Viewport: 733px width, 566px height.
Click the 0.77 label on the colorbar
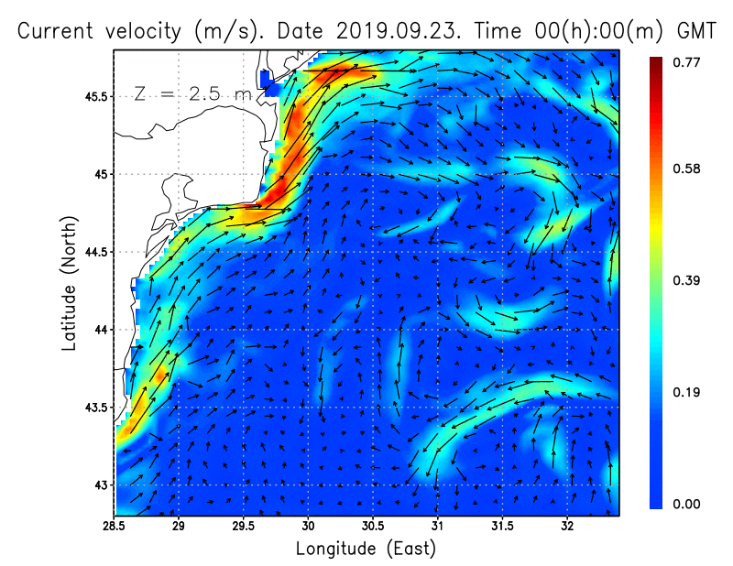point(686,62)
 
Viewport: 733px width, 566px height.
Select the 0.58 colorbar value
point(686,169)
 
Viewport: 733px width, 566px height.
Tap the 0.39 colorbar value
point(686,280)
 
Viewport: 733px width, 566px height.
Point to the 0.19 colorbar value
point(686,393)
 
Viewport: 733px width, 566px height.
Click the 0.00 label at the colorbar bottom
point(686,504)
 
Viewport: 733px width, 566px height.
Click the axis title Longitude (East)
point(366,549)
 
